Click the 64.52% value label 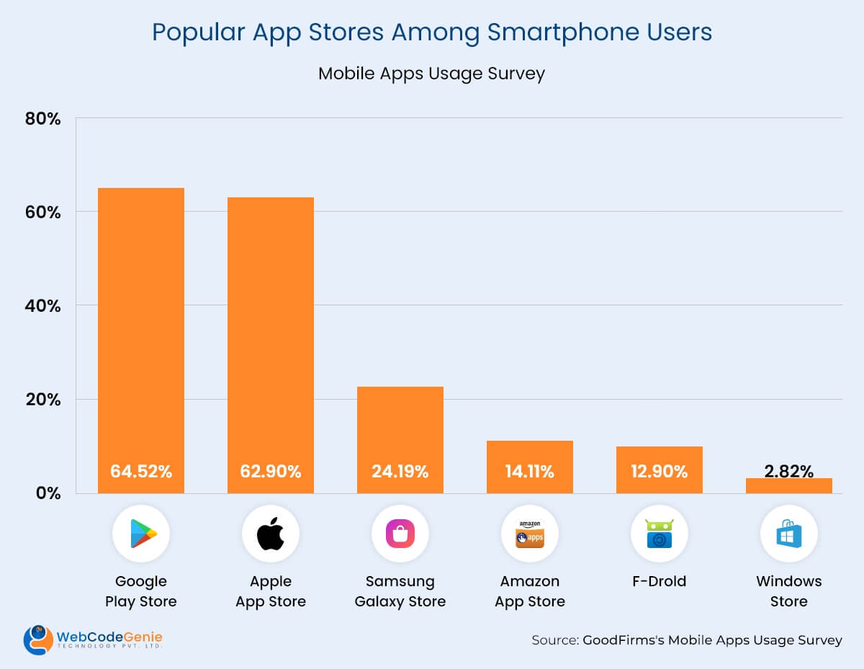[141, 472]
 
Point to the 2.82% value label [789, 472]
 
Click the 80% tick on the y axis [42, 118]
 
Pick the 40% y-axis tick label [42, 305]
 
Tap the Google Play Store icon [142, 534]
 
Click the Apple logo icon [271, 534]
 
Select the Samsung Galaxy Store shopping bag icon [400, 534]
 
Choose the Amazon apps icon [530, 534]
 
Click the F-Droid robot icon [660, 534]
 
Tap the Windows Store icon [789, 534]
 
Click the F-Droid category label [660, 581]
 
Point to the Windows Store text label [789, 591]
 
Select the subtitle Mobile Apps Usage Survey [431, 73]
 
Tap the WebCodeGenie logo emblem [37, 639]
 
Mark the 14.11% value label [530, 472]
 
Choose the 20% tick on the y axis [42, 399]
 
